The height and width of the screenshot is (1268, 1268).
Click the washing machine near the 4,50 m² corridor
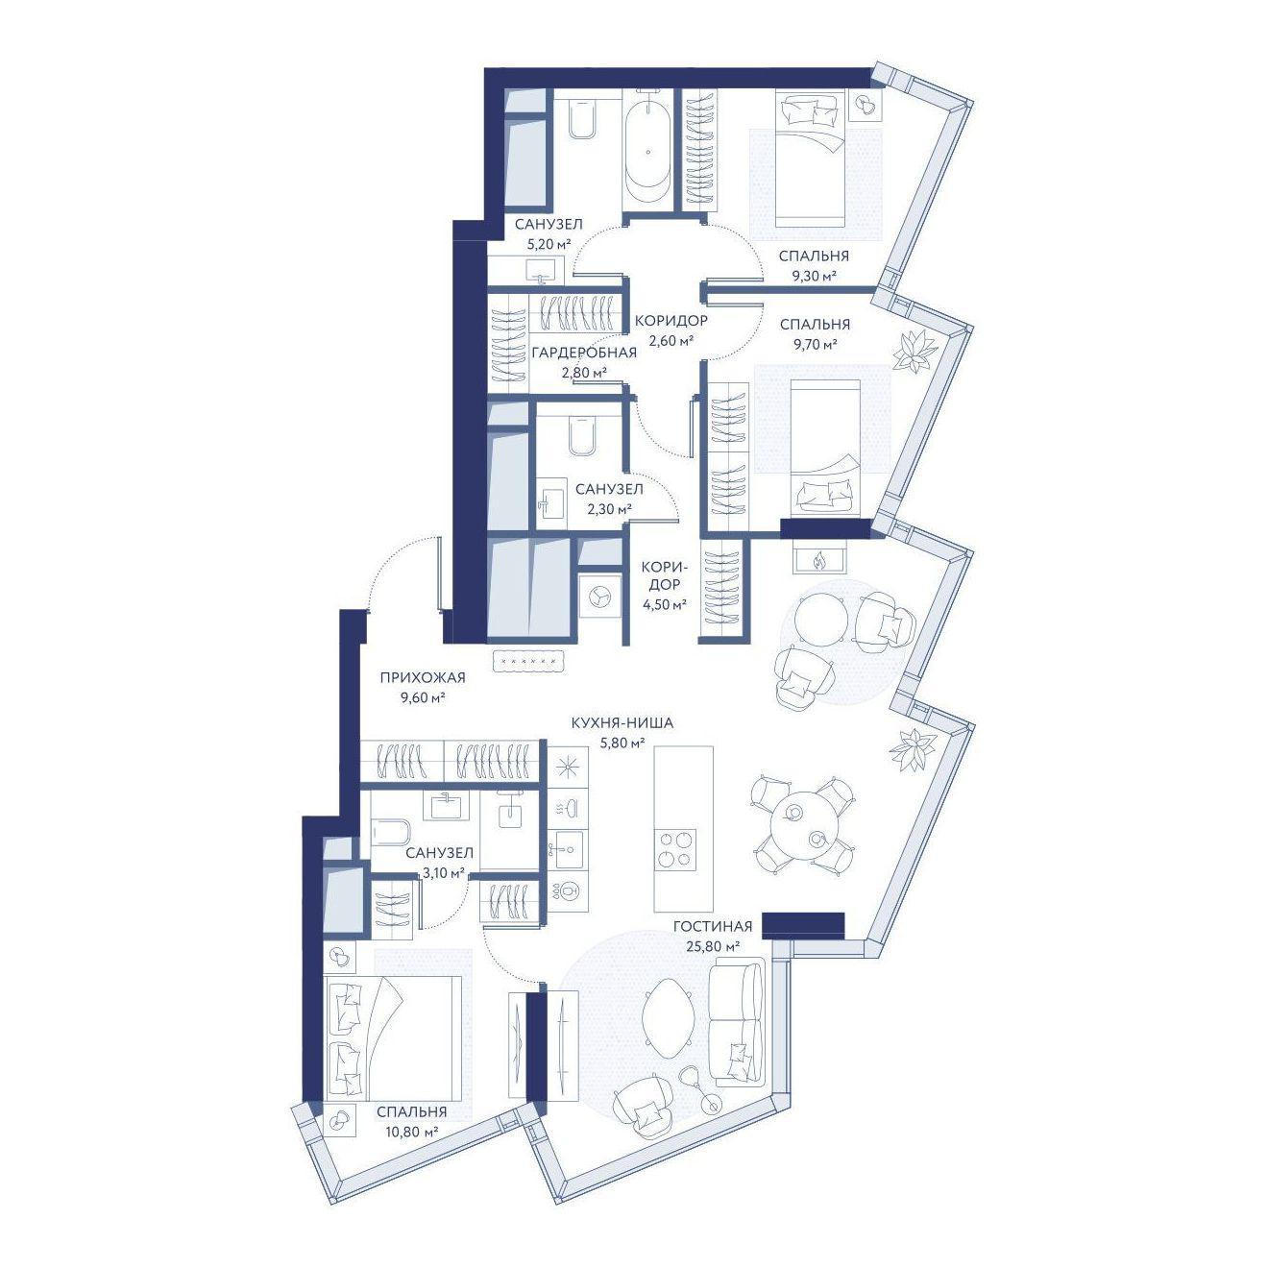pos(598,598)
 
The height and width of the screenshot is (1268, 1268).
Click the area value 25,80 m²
pos(711,946)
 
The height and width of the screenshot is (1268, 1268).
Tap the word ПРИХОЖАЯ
pos(422,677)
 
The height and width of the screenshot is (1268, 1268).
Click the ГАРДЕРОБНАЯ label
pos(584,353)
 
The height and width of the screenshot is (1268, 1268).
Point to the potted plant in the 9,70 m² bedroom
pos(913,351)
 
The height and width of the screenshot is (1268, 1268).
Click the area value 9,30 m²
pos(814,275)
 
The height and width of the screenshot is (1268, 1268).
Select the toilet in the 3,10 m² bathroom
pos(391,832)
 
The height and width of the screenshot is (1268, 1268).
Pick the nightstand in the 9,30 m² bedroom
pos(866,104)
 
